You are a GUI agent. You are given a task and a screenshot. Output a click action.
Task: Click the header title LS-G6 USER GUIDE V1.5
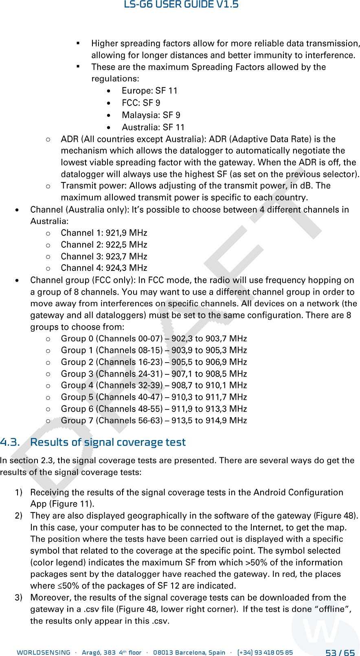coord(181,5)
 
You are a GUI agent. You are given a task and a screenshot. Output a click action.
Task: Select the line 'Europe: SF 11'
coord(149,91)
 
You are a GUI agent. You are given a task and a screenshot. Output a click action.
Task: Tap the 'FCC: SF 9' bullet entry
coord(141,103)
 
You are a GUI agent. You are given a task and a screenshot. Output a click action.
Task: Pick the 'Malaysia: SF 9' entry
coord(151,115)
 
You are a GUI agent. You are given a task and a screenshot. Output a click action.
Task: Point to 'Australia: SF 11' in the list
coord(153,128)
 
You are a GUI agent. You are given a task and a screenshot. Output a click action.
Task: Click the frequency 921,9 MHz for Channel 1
coord(126,233)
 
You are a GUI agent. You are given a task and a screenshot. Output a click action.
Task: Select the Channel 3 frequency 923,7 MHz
coord(126,257)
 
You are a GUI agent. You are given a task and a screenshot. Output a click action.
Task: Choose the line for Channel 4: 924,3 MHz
coord(104,268)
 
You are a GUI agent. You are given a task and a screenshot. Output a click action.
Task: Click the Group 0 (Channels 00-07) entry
coord(112,339)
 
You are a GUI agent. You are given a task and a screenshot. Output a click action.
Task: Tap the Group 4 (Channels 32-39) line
coord(112,385)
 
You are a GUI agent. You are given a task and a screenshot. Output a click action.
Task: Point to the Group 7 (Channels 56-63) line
coord(112,420)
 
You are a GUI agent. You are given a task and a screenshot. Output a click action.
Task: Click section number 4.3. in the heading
coord(10,442)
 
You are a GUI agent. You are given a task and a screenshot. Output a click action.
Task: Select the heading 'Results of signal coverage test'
coord(108,442)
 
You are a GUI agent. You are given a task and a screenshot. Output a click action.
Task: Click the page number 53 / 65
coord(340,653)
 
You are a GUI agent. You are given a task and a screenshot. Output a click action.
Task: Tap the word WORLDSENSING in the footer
coord(44,653)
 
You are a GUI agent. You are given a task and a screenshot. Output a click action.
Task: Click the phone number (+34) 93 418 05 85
coord(265,653)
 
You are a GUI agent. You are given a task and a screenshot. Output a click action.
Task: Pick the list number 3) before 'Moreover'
coord(19,598)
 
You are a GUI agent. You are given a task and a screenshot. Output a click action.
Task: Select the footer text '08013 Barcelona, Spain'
coord(189,653)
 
